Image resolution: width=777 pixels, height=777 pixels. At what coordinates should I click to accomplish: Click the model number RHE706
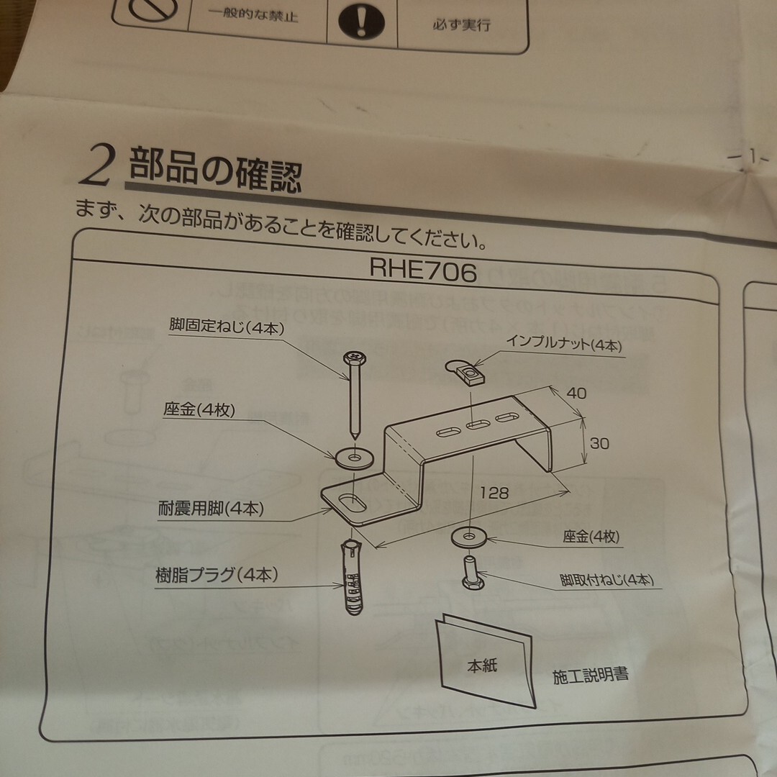point(423,271)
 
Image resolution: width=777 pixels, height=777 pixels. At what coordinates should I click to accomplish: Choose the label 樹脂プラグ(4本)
point(217,575)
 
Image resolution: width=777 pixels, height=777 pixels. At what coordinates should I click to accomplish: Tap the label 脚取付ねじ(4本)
point(606,580)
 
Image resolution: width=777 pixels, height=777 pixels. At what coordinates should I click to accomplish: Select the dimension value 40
point(576,394)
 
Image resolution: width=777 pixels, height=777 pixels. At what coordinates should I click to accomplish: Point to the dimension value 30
point(599,444)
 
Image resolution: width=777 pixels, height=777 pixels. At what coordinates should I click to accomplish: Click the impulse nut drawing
point(465,373)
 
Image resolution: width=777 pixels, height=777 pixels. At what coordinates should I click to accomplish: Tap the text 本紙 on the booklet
point(479,665)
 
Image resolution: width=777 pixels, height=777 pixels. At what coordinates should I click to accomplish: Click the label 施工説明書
point(591,676)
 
